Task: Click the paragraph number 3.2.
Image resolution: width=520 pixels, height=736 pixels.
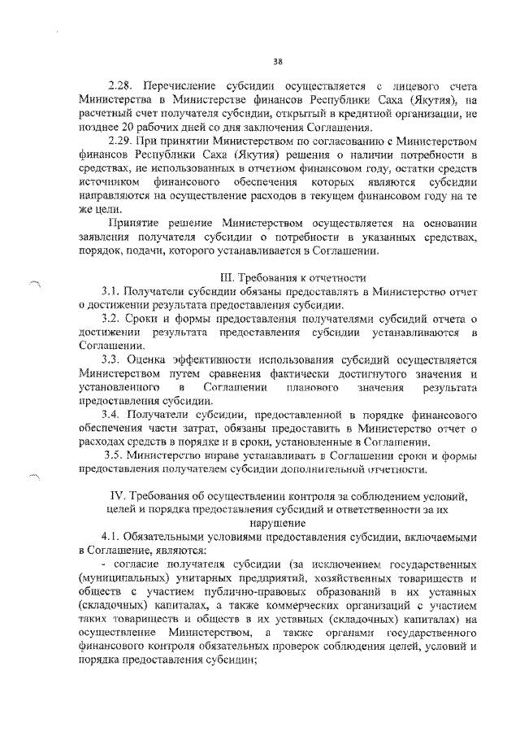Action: tap(113, 320)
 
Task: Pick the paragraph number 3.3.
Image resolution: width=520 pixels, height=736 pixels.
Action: tap(113, 362)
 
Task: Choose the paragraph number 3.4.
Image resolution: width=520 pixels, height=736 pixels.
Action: tap(113, 414)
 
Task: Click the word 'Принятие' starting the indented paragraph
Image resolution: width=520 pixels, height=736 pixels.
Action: tap(133, 223)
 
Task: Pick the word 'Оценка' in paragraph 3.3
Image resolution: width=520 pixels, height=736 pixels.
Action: tap(149, 362)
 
